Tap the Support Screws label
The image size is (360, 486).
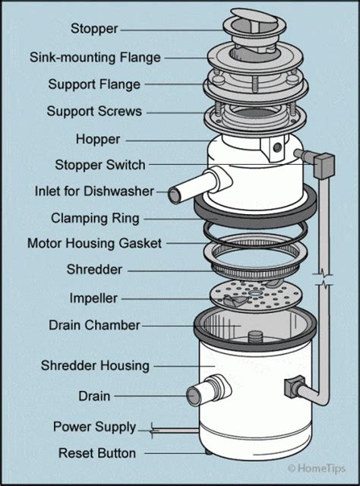coord(93,112)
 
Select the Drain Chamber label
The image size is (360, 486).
coord(93,325)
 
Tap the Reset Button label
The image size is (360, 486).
coord(96,453)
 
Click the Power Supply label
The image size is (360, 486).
coord(95,426)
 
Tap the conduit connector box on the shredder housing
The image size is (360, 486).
coord(291,388)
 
